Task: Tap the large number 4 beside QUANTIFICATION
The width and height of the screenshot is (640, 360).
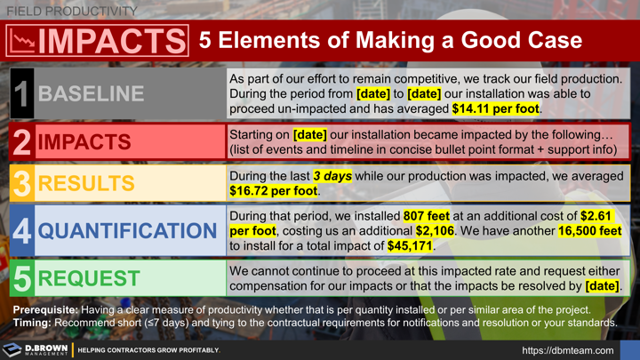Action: (x=21, y=230)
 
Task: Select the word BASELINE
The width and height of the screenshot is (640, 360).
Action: (x=91, y=93)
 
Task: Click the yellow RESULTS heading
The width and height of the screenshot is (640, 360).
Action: (x=86, y=183)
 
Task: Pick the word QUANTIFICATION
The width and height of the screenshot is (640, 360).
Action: (x=127, y=231)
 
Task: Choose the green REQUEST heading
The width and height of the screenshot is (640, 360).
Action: (x=90, y=278)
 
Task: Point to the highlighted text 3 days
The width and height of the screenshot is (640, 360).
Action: (x=331, y=176)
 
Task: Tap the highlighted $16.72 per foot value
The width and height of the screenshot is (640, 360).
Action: (x=274, y=191)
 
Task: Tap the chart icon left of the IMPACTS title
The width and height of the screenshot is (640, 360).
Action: (x=20, y=41)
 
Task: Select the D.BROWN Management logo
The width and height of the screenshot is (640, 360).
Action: (x=36, y=349)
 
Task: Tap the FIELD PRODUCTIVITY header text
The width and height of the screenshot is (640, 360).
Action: (x=72, y=11)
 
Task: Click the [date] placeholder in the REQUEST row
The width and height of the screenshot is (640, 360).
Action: (x=601, y=286)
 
